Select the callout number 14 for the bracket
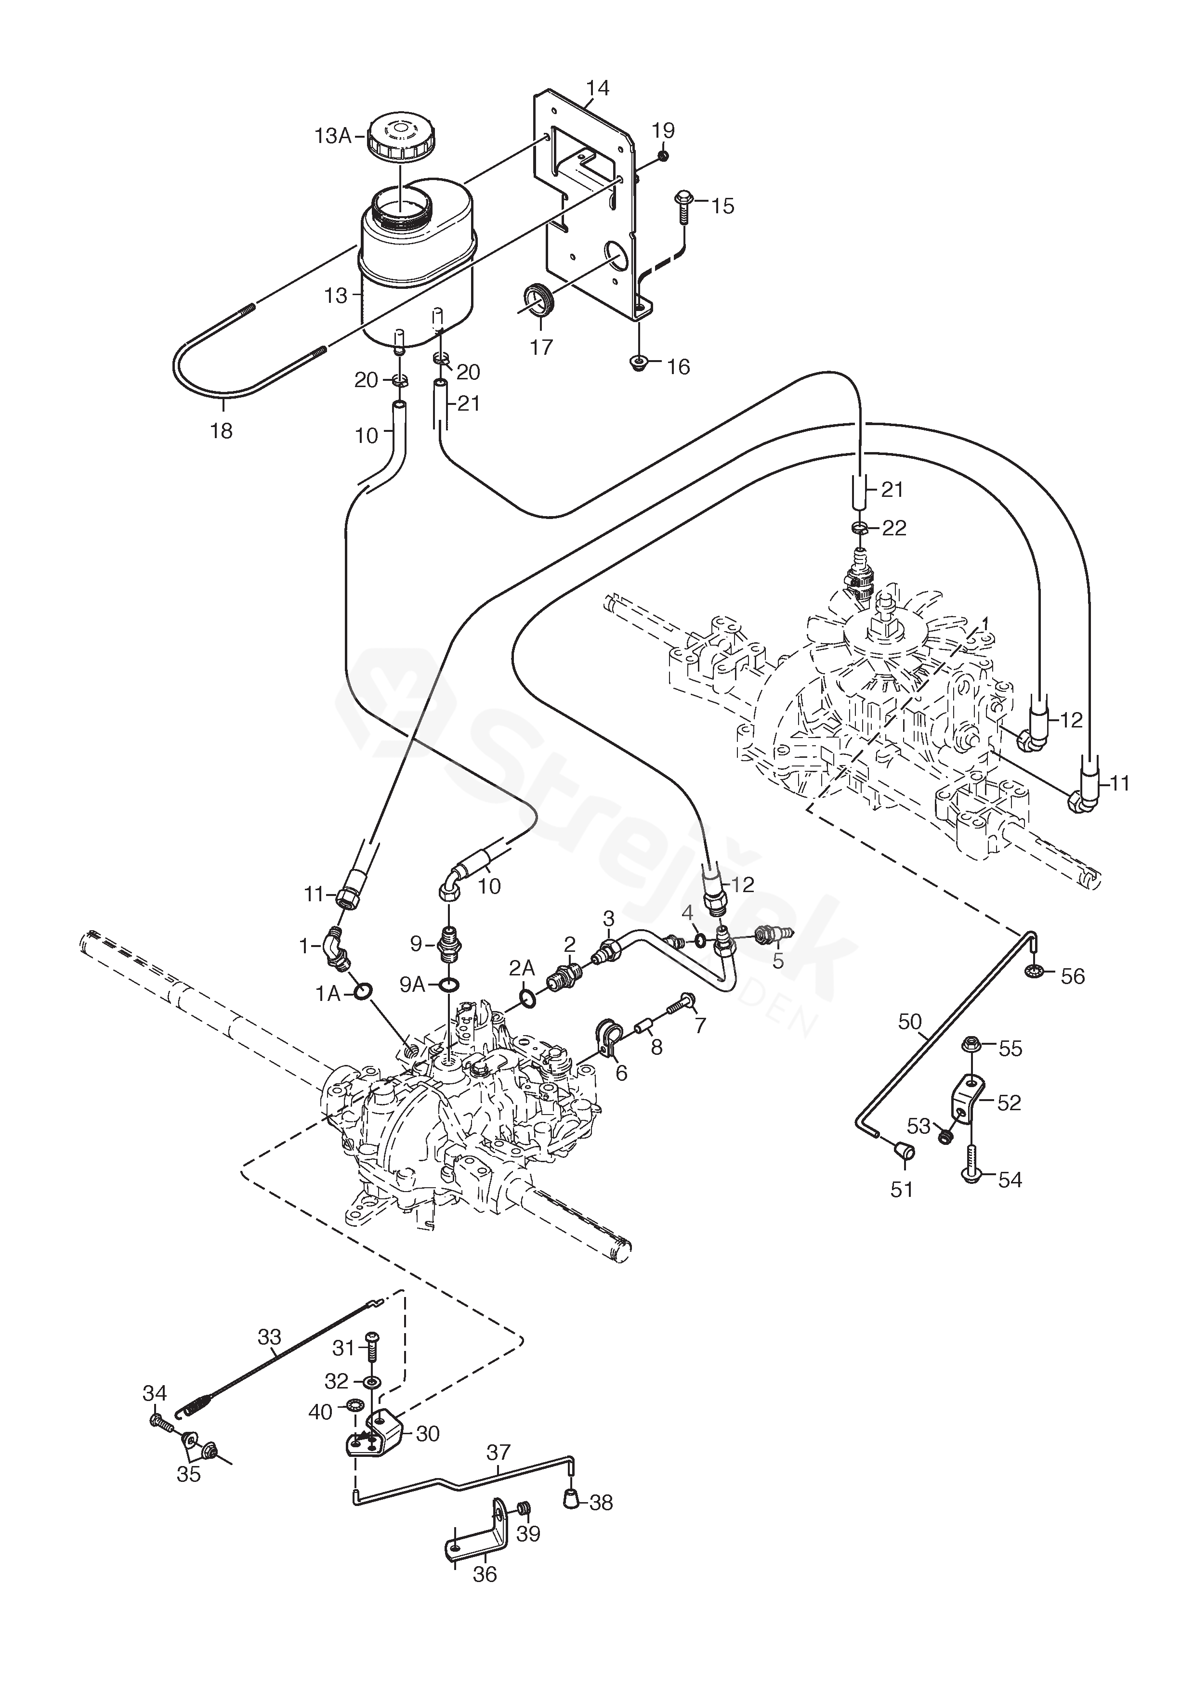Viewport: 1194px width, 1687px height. pyautogui.click(x=598, y=88)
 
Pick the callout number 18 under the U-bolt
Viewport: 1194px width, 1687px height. pyautogui.click(x=221, y=430)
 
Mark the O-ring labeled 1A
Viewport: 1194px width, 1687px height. pyautogui.click(x=363, y=993)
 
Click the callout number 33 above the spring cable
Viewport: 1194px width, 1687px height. pyautogui.click(x=269, y=1336)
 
